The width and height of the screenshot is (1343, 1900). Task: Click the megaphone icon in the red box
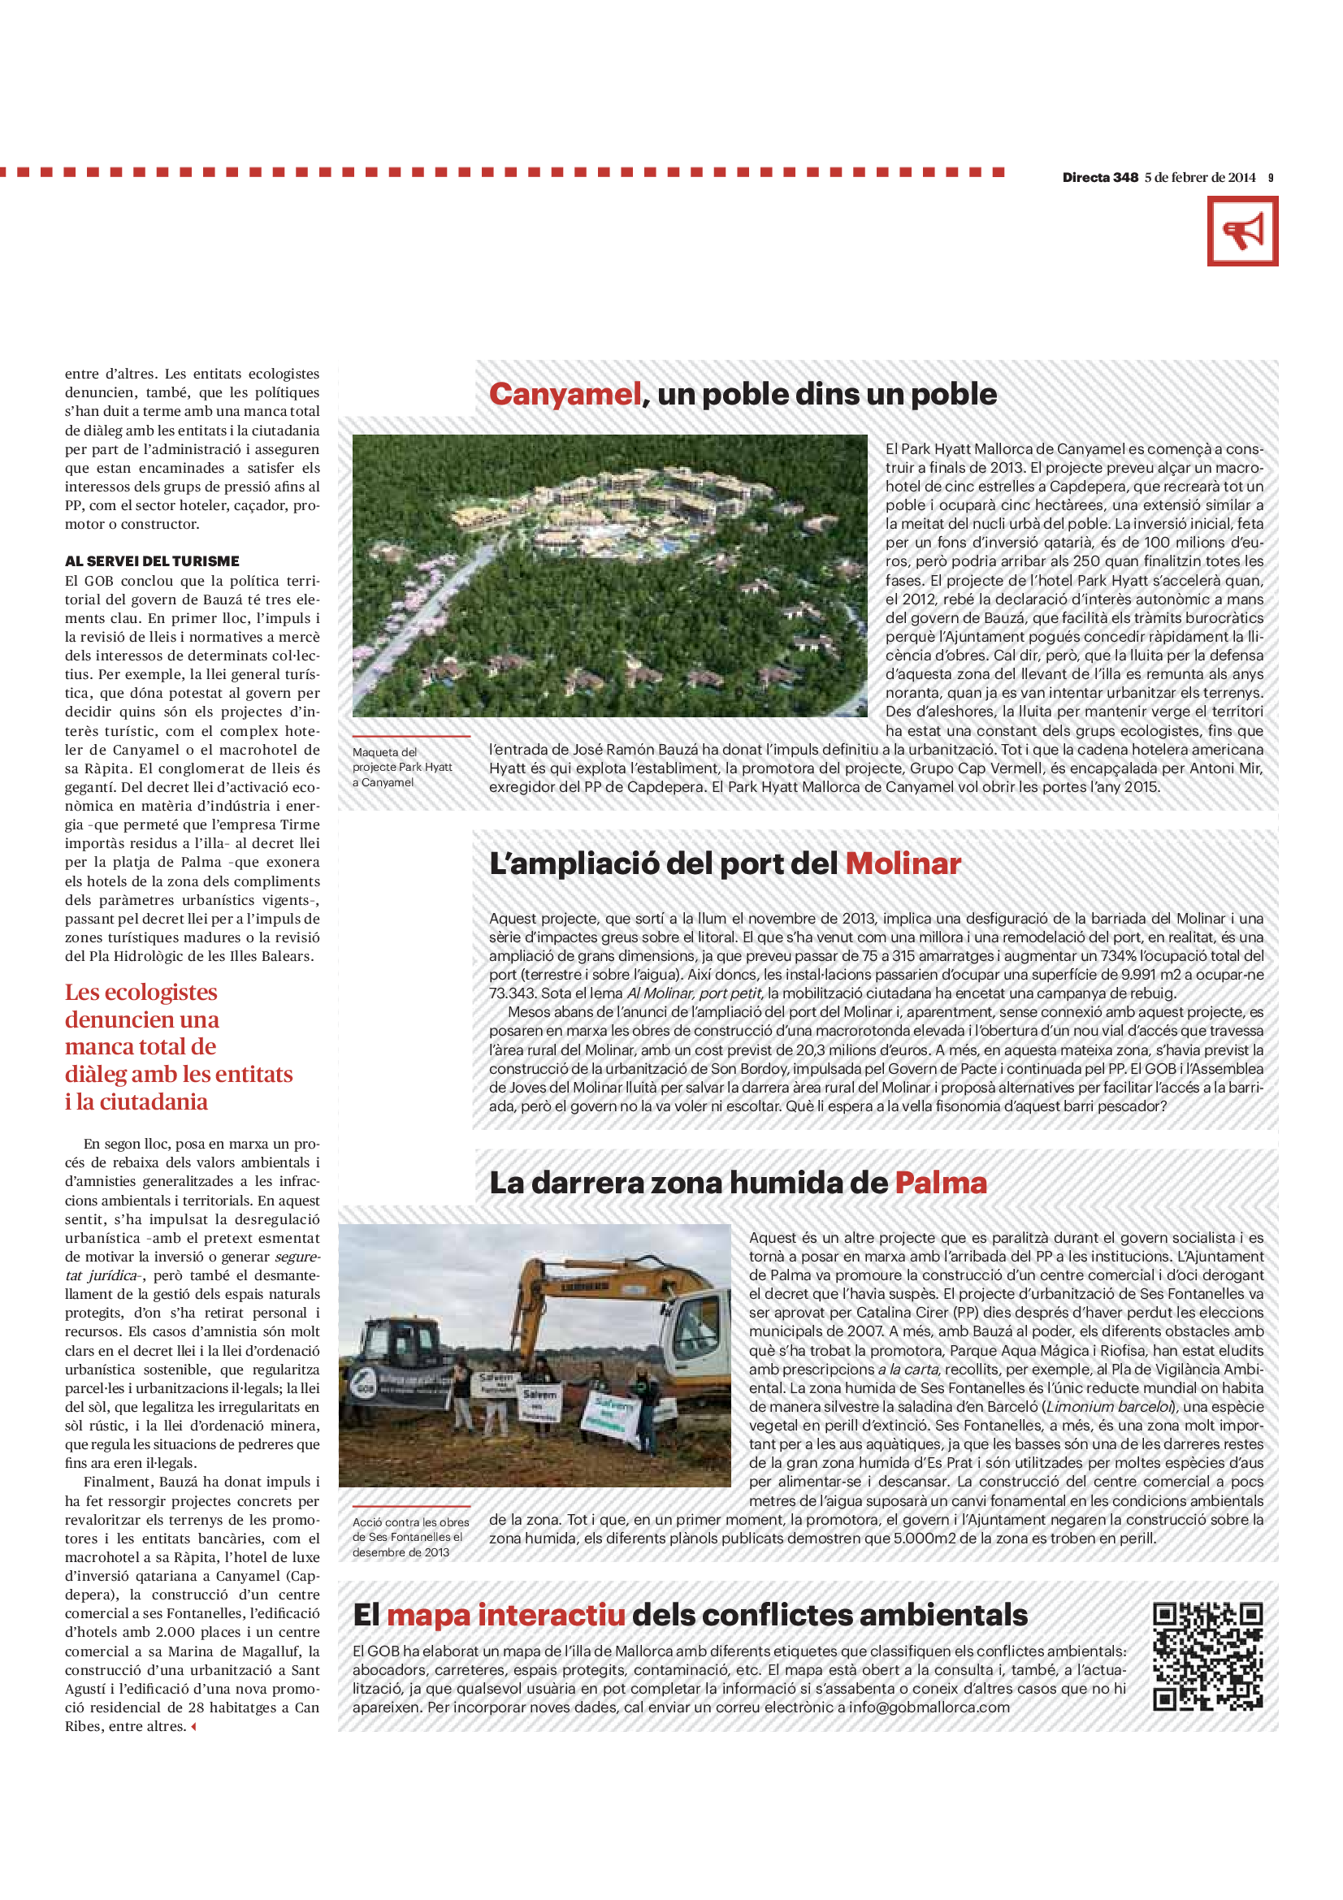[1242, 231]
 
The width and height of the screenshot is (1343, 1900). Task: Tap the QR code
[1207, 1658]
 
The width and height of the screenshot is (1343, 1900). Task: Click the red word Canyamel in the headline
[565, 394]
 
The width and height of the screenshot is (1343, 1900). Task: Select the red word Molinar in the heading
[903, 863]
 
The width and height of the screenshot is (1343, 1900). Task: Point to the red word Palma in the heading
[941, 1183]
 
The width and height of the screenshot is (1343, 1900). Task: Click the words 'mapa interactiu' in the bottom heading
[505, 1615]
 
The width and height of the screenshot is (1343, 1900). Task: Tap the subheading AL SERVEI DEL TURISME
[152, 561]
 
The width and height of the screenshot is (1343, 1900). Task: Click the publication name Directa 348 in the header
[1100, 177]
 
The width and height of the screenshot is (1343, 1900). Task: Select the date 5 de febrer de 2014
[1200, 177]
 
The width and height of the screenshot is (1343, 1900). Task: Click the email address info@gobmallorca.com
[929, 1707]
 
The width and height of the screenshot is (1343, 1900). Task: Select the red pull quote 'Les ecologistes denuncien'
[179, 1047]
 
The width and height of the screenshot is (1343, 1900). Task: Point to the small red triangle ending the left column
[193, 1727]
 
